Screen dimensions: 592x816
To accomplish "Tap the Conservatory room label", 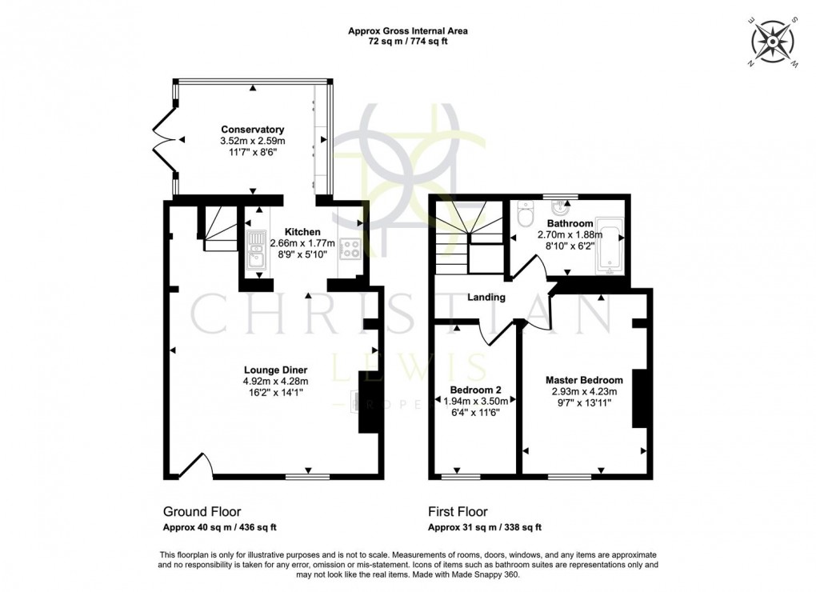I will [x=253, y=130].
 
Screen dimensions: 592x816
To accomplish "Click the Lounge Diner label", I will [x=275, y=370].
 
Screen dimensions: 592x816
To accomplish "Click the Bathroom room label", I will [x=570, y=223].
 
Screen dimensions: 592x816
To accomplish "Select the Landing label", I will [x=486, y=297].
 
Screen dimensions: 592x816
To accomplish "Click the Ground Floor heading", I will [x=202, y=512].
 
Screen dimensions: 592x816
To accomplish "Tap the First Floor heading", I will [x=458, y=512].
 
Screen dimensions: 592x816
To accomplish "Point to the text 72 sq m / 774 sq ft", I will [x=407, y=42].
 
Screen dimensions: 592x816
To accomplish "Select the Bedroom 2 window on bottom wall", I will [x=461, y=477].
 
